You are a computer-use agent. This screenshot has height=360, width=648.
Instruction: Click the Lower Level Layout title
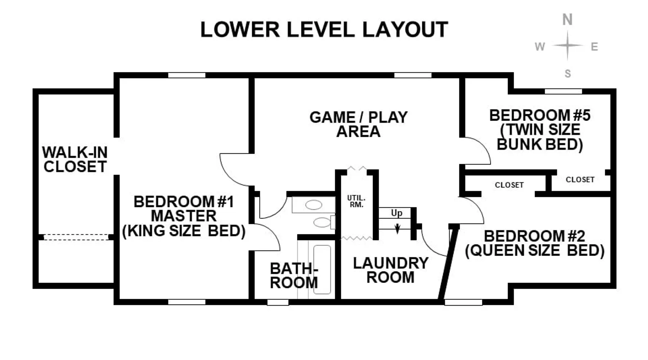(x=324, y=29)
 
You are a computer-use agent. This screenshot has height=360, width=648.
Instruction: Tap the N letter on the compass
(x=567, y=19)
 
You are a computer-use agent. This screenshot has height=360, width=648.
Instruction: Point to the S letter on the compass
(x=568, y=74)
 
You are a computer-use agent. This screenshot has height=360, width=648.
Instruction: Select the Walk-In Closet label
(x=75, y=159)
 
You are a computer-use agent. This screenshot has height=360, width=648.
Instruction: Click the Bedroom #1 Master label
(x=184, y=216)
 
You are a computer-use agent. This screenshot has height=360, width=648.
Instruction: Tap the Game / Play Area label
(x=358, y=124)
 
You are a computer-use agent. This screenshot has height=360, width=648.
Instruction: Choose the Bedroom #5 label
(x=540, y=130)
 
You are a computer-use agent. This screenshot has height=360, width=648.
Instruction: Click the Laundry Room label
(x=391, y=270)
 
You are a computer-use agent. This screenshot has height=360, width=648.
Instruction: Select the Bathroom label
(x=294, y=275)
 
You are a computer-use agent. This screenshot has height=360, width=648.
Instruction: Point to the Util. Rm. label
(x=356, y=201)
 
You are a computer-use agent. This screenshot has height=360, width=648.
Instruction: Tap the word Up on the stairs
(x=396, y=213)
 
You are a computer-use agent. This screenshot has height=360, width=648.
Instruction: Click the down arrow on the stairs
(x=397, y=228)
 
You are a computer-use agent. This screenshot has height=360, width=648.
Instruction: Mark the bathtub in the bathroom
(x=322, y=270)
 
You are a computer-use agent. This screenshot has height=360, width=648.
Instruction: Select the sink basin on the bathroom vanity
(x=313, y=205)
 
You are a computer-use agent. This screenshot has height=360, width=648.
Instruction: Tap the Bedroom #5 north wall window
(x=563, y=91)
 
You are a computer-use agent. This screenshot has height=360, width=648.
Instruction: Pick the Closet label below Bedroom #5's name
(x=580, y=179)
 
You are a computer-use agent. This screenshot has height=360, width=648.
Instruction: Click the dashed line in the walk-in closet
(x=76, y=237)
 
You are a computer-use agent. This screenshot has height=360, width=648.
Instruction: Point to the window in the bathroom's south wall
(x=278, y=302)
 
